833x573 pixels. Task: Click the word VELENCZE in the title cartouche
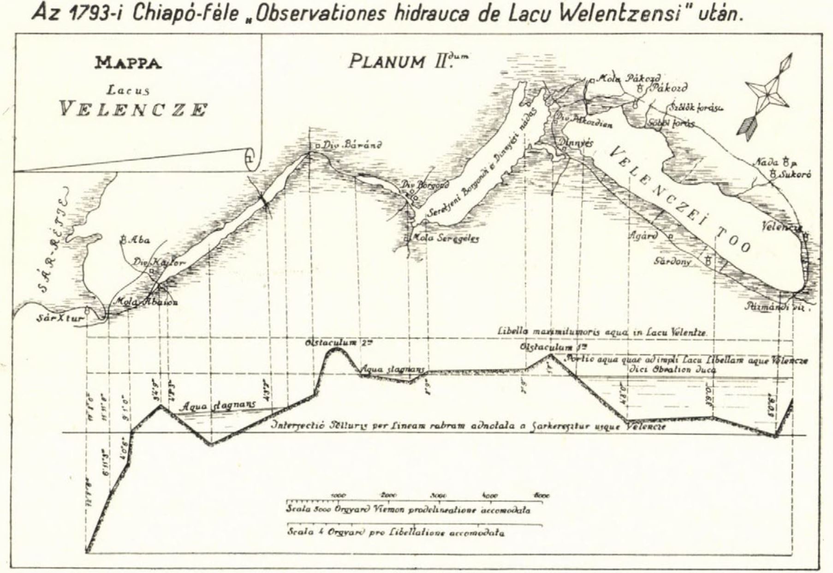coord(134,110)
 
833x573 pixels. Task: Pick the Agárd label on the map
coord(643,235)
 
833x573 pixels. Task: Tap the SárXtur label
coord(60,318)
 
